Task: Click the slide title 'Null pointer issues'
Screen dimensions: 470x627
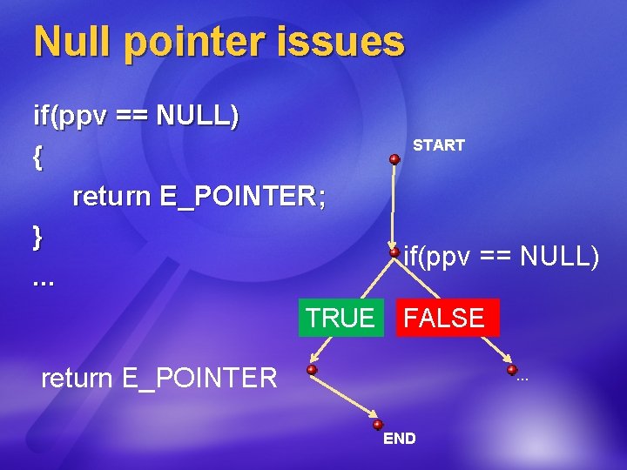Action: [x=219, y=42]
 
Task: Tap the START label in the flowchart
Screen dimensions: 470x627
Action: [x=438, y=145]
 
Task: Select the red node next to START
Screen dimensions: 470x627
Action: [x=394, y=159]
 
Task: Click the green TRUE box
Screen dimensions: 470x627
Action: [x=340, y=318]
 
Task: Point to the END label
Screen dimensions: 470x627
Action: [x=400, y=439]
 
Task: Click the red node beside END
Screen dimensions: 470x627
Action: [x=378, y=425]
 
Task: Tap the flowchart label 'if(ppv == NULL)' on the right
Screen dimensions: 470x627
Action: [x=501, y=257]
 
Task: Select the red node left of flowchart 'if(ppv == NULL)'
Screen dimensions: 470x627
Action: [x=394, y=252]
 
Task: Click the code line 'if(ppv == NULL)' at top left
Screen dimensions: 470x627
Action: [x=136, y=116]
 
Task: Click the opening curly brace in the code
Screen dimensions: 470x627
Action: [x=37, y=157]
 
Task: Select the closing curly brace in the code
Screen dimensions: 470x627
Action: [x=37, y=236]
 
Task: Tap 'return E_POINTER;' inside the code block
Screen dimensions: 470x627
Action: [x=199, y=197]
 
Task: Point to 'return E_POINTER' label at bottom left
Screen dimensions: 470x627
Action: [x=159, y=379]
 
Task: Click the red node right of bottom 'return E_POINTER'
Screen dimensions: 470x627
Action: [x=312, y=370]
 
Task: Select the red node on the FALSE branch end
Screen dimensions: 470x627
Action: [x=512, y=370]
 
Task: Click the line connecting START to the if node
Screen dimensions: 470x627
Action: [x=394, y=206]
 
